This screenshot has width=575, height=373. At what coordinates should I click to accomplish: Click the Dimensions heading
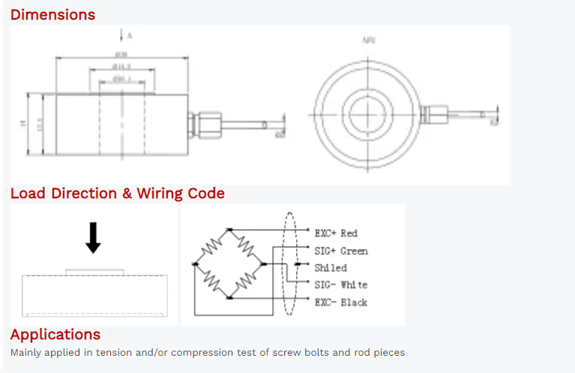tap(52, 14)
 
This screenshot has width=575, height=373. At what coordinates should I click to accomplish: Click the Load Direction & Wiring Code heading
tap(117, 193)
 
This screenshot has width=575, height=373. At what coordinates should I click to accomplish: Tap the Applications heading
tap(55, 334)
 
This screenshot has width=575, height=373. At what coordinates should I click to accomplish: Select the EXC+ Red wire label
tap(336, 233)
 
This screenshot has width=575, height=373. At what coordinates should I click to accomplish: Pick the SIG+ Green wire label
tap(341, 251)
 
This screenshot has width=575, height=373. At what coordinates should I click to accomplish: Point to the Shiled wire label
tap(331, 268)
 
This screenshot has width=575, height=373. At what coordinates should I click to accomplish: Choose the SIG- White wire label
tap(341, 285)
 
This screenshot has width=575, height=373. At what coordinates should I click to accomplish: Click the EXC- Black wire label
tap(341, 302)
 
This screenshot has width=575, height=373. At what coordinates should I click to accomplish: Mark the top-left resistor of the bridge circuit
tap(211, 248)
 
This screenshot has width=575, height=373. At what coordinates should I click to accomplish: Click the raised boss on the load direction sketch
tap(93, 272)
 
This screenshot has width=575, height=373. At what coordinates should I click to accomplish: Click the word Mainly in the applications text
tap(27, 352)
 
